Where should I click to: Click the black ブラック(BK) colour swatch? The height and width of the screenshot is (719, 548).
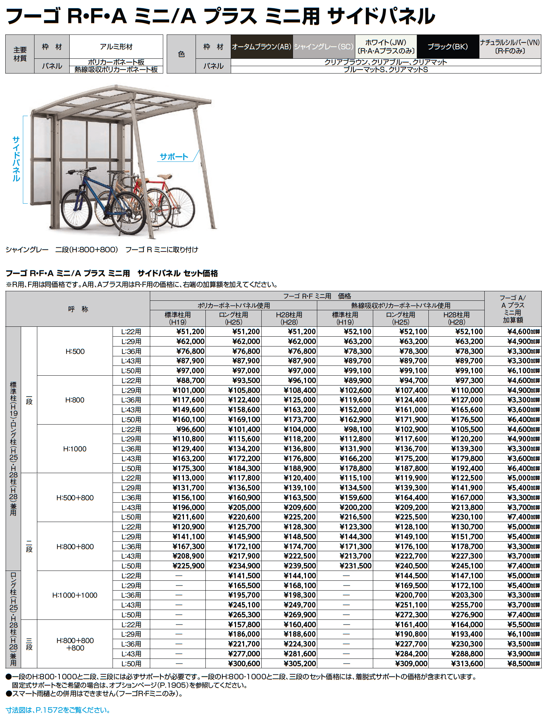tap(447, 46)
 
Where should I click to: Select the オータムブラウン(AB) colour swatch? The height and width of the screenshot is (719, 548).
tap(261, 46)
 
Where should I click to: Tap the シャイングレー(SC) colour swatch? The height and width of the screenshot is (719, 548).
tap(324, 46)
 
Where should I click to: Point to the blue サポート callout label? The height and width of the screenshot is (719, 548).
tap(174, 157)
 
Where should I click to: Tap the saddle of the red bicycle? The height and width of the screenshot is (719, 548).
tap(164, 177)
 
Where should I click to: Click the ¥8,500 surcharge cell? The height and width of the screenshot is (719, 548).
tap(523, 663)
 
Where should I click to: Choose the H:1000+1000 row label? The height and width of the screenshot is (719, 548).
tap(75, 595)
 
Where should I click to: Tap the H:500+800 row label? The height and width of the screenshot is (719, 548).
tap(75, 498)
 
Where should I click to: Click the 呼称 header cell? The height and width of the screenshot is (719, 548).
tap(78, 309)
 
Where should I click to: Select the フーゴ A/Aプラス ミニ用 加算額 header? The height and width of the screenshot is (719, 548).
tap(512, 309)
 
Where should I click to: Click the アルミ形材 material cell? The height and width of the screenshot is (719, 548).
tap(116, 46)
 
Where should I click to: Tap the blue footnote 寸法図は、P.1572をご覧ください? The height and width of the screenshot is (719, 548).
tap(58, 710)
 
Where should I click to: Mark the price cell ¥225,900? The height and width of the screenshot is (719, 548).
tap(188, 566)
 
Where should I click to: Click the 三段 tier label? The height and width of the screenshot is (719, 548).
tap(29, 644)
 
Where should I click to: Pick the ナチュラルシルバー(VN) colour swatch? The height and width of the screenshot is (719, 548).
tap(510, 46)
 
